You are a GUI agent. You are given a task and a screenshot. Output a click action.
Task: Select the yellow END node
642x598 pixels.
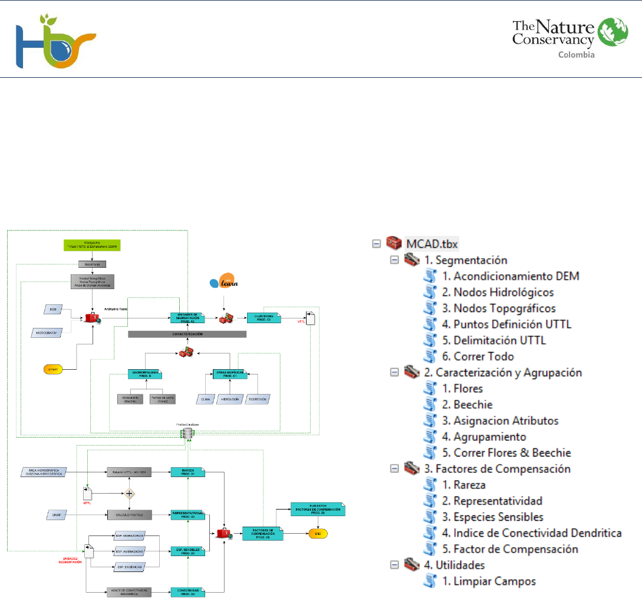click(318, 533)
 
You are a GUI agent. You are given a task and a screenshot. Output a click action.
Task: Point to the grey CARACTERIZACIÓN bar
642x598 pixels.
click(187, 334)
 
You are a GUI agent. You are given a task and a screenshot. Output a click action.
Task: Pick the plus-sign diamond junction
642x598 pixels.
click(129, 493)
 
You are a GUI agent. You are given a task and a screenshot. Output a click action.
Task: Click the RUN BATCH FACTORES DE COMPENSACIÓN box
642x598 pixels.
click(317, 508)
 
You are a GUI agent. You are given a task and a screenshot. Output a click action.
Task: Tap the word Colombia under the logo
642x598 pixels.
click(576, 55)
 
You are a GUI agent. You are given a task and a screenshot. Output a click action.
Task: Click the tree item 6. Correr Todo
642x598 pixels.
click(483, 356)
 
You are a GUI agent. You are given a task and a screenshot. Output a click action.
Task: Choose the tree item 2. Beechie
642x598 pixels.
click(472, 405)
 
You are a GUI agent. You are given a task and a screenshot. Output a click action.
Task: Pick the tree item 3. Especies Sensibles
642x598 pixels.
click(498, 517)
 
